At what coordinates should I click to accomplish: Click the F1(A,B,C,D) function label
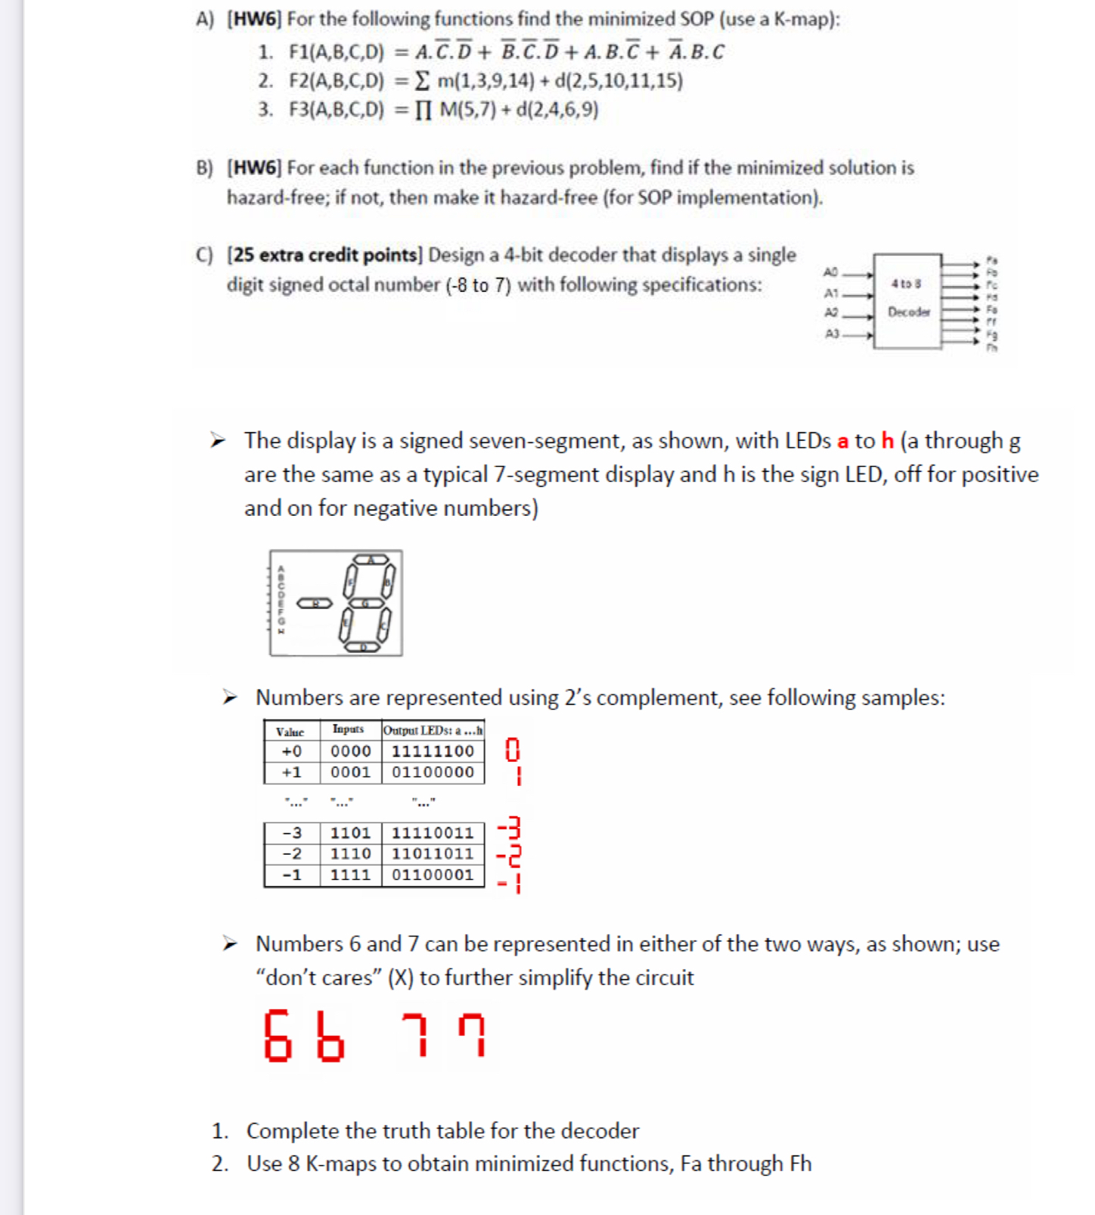[x=336, y=52]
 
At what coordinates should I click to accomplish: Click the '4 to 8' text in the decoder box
[x=906, y=284]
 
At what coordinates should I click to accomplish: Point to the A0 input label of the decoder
[x=831, y=272]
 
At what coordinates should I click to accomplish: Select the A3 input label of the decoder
[x=832, y=334]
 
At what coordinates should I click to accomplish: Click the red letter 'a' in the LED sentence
[x=842, y=441]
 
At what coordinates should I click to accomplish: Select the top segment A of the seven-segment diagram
[x=370, y=560]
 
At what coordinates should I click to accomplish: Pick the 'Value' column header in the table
[x=290, y=732]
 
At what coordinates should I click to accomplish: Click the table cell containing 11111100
[x=433, y=751]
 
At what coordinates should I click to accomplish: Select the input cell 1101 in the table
[x=350, y=833]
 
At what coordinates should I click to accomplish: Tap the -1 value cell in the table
[x=292, y=875]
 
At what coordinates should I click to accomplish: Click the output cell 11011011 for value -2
[x=433, y=854]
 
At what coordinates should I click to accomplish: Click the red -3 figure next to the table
[x=509, y=828]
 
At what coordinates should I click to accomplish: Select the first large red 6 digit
[x=278, y=1036]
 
